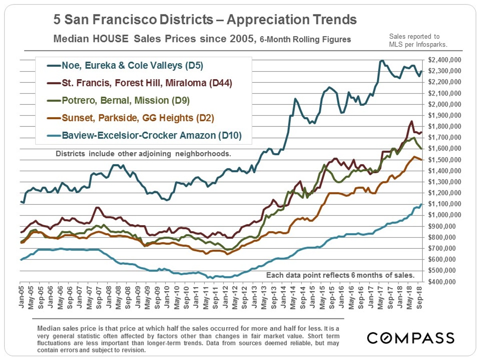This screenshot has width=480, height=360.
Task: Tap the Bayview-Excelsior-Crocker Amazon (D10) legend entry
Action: click(x=152, y=136)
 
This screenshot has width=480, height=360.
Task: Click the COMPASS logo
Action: click(x=410, y=338)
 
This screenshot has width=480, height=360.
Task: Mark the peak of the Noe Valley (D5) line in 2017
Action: click(x=382, y=61)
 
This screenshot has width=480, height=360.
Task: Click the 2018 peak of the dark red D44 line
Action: click(x=411, y=121)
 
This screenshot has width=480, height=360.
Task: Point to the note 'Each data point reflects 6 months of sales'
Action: click(x=340, y=276)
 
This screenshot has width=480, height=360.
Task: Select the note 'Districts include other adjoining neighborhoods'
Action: click(x=144, y=154)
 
